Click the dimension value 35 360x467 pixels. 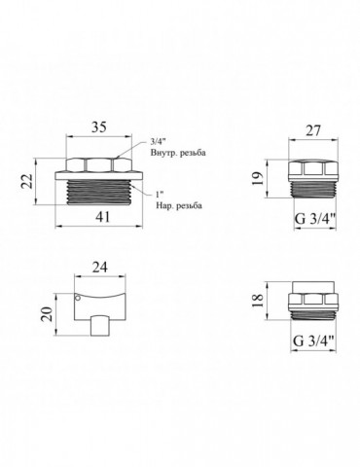click(99, 126)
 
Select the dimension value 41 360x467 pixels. click(103, 217)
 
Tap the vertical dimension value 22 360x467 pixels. click(27, 181)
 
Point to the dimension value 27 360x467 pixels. click(312, 130)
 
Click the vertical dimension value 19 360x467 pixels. click(258, 179)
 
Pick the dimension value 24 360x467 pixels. click(99, 268)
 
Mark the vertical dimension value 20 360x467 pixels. click(48, 313)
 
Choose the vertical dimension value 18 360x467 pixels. click(258, 301)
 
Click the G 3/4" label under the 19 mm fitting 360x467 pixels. click(315, 219)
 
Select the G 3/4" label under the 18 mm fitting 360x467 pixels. click(314, 341)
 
